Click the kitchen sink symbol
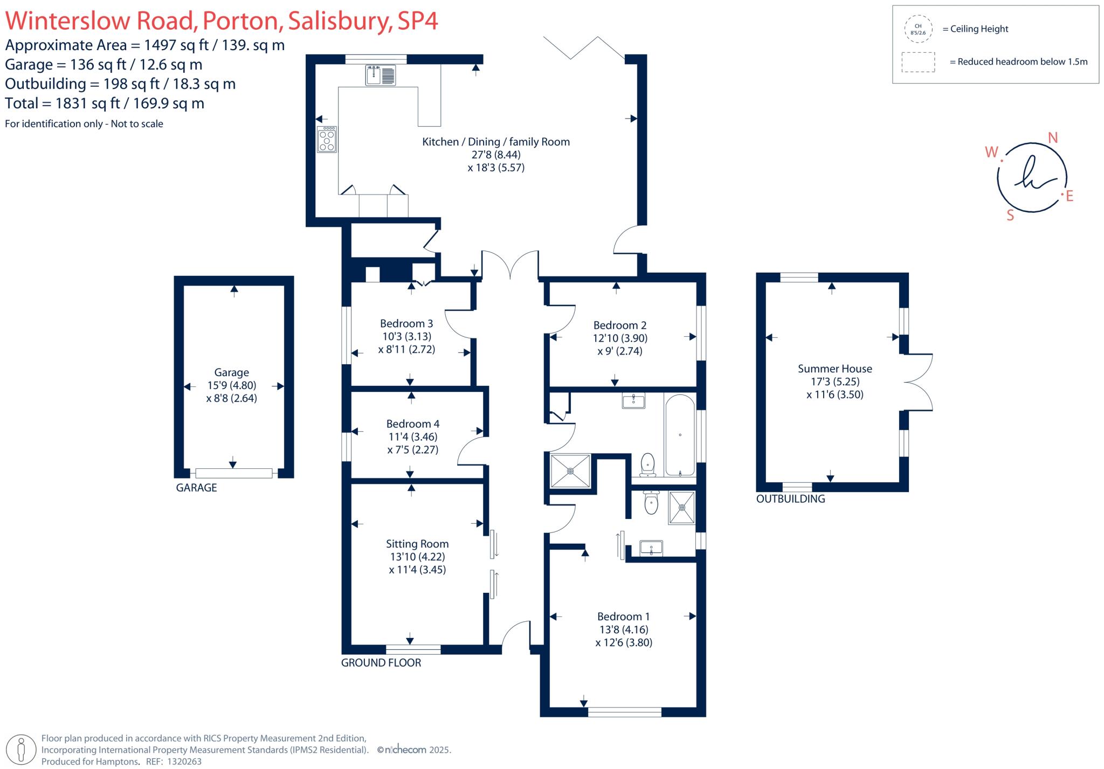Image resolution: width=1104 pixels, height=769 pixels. click(x=381, y=75)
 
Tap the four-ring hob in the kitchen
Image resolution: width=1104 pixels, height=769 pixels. click(x=327, y=140)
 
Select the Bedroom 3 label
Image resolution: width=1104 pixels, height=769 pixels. click(x=406, y=323)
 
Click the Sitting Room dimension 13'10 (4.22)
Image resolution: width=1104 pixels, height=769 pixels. click(x=417, y=557)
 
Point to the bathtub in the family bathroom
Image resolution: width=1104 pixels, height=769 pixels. click(x=680, y=436)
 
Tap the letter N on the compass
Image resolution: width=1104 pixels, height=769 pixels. click(x=1052, y=138)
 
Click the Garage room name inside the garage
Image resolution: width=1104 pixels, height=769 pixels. click(x=231, y=372)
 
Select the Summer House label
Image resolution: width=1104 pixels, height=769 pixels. click(x=834, y=369)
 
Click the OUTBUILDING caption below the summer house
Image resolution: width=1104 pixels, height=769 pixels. click(x=790, y=499)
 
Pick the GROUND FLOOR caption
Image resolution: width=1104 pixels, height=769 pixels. click(x=381, y=663)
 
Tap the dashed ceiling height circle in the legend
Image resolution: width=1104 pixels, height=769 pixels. click(x=918, y=29)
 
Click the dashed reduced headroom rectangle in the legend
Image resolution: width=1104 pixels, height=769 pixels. click(x=918, y=62)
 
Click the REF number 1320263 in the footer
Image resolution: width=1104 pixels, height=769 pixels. click(x=184, y=761)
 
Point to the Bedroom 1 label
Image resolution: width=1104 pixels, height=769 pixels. click(x=623, y=616)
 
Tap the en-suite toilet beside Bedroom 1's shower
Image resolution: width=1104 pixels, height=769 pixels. click(x=651, y=503)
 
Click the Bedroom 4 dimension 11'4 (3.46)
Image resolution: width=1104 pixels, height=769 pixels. click(x=412, y=437)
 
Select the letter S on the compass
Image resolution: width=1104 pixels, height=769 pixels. click(x=1010, y=216)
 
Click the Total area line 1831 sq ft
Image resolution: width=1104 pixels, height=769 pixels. click(x=105, y=103)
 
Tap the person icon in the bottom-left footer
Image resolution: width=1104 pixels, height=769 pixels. click(x=22, y=749)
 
